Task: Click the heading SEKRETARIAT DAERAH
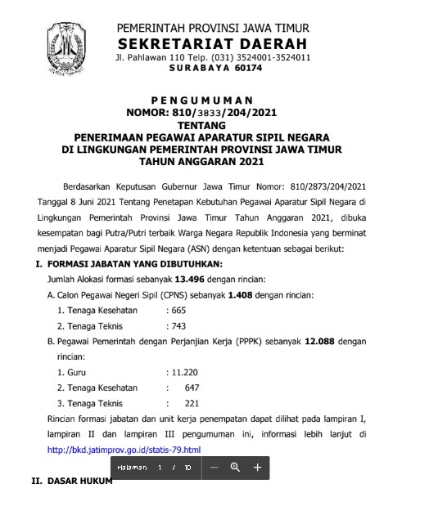click(213, 43)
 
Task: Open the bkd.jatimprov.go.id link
click(124, 450)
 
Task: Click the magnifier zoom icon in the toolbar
click(235, 467)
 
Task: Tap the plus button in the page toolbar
click(257, 467)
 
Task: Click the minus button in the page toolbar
click(213, 467)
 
